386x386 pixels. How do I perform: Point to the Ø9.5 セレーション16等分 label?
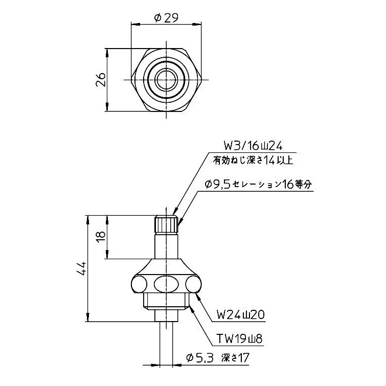pyautogui.click(x=257, y=185)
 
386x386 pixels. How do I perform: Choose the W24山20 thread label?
pyautogui.click(x=240, y=314)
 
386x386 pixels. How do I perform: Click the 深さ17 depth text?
pyautogui.click(x=235, y=358)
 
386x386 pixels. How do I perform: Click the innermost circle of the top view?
pyautogui.click(x=167, y=79)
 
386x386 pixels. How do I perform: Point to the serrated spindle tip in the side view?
pyautogui.click(x=166, y=224)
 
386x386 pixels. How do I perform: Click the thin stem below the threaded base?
pyautogui.click(x=166, y=343)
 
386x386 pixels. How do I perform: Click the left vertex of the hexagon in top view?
pyautogui.click(x=131, y=79)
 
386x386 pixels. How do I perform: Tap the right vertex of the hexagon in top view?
pyautogui.click(x=203, y=79)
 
